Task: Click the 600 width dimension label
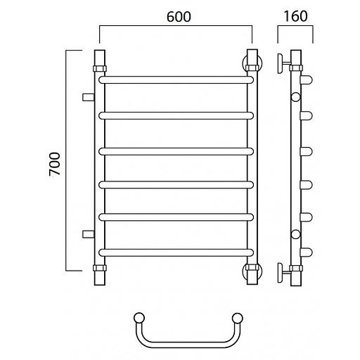(x=179, y=17)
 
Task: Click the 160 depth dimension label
(x=295, y=16)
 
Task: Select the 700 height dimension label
(x=55, y=164)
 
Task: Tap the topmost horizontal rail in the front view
(x=176, y=79)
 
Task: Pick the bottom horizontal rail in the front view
(x=176, y=252)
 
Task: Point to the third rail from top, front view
(x=176, y=151)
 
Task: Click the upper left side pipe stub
(x=89, y=97)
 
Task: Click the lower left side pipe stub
(x=89, y=234)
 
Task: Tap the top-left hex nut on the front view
(x=100, y=69)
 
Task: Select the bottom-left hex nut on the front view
(x=100, y=268)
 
